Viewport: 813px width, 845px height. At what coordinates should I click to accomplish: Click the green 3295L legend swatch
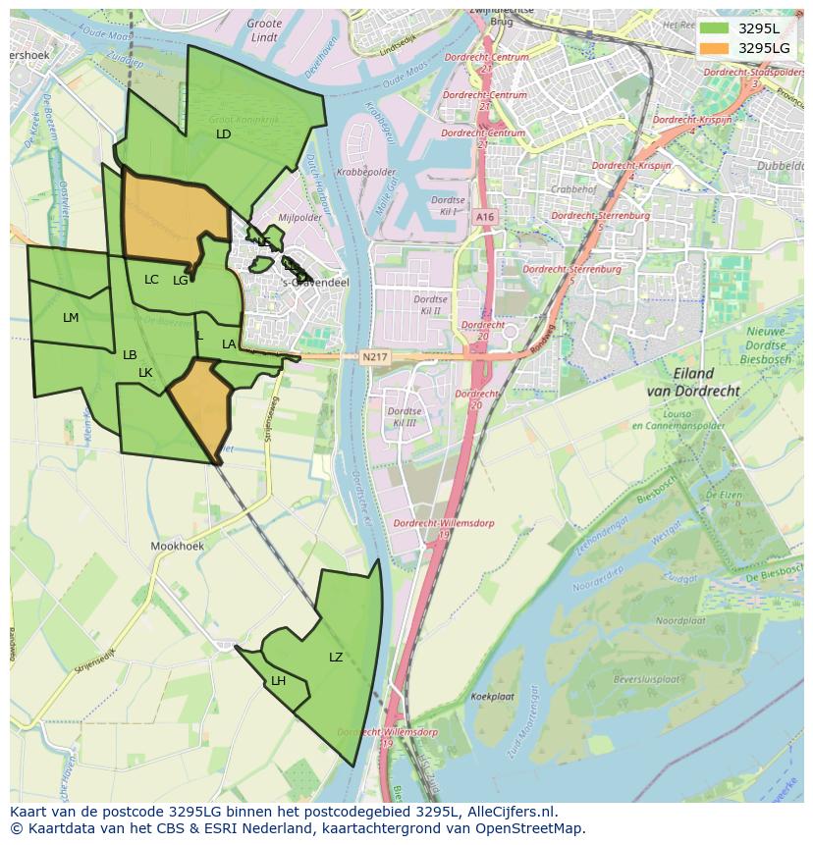tap(715, 28)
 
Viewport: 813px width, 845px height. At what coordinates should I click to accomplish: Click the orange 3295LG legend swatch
tap(715, 48)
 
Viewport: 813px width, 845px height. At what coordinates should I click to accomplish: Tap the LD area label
tap(223, 133)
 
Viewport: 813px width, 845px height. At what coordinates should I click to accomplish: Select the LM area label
tap(71, 318)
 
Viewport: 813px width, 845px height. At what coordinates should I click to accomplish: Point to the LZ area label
tap(336, 658)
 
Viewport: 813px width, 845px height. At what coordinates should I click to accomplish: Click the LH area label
tap(278, 681)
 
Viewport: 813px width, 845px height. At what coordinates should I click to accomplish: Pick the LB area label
tap(130, 355)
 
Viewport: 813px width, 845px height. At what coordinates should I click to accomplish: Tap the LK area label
tap(145, 373)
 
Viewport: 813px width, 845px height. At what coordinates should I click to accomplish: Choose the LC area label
tap(151, 280)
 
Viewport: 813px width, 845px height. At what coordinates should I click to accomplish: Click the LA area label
tap(229, 344)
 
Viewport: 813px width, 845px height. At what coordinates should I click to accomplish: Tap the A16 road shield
tap(484, 217)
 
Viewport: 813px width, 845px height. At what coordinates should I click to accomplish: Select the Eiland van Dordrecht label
tap(693, 382)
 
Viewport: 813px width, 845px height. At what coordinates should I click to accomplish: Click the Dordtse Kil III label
tap(404, 417)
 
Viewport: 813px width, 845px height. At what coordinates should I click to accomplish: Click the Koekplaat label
tap(493, 696)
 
